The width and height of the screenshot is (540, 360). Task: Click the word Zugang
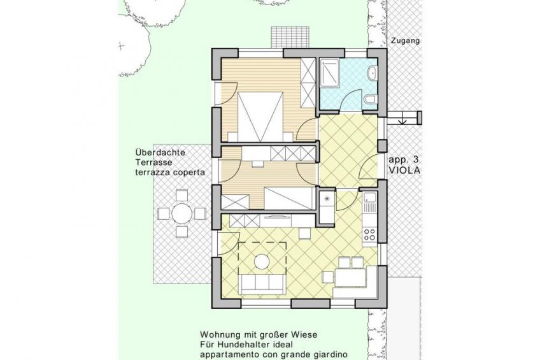point(406,41)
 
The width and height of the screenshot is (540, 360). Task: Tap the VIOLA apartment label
point(404,170)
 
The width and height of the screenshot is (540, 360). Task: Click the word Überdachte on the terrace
point(160,152)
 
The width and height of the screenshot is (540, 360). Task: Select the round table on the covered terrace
point(181,213)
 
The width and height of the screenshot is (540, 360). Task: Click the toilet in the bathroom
point(370,99)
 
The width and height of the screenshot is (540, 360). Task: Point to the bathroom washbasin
point(373,73)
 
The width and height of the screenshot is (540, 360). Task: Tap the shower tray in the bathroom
point(330,73)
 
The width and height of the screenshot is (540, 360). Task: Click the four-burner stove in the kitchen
point(369,234)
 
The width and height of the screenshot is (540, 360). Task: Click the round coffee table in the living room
point(262,261)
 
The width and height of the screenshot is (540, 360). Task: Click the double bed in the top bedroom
point(260,117)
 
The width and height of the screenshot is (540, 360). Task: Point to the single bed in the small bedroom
point(290,198)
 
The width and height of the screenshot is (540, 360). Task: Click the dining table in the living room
point(350,278)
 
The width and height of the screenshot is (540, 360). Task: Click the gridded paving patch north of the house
point(292,38)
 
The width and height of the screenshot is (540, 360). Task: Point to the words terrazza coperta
point(170,173)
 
